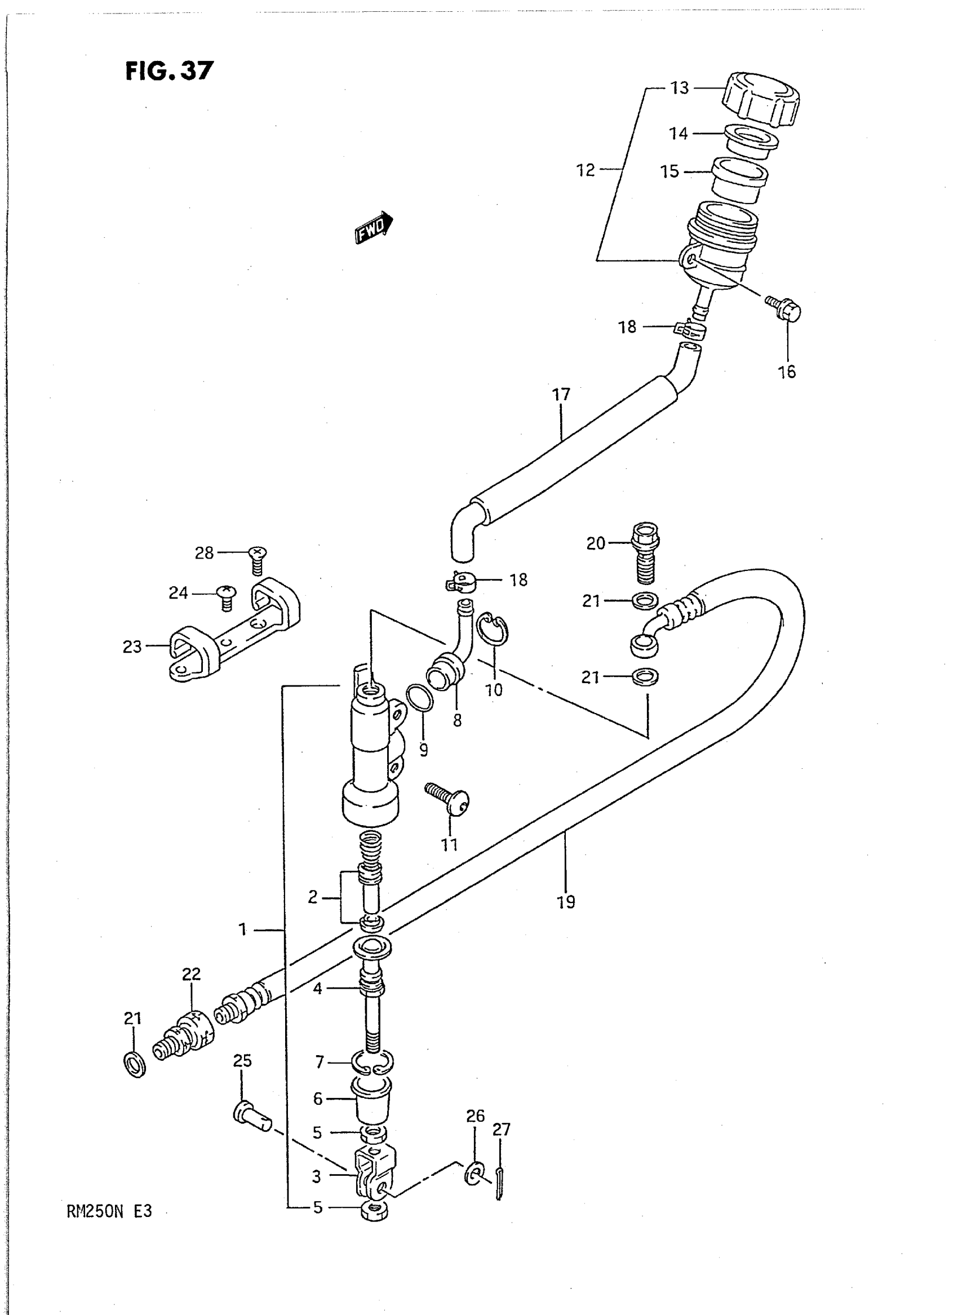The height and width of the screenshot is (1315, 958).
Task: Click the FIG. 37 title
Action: [x=168, y=71]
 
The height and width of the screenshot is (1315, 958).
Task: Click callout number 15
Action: [x=669, y=172]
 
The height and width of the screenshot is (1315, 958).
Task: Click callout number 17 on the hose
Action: [x=561, y=395]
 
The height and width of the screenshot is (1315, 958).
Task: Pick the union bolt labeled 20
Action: [x=645, y=552]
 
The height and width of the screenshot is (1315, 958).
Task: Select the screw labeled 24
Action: [x=225, y=597]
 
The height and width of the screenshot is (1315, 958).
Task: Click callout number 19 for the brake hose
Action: [x=566, y=901]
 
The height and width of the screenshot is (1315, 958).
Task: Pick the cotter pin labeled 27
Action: [x=500, y=1181]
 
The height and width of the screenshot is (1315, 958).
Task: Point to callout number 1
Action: [x=243, y=930]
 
